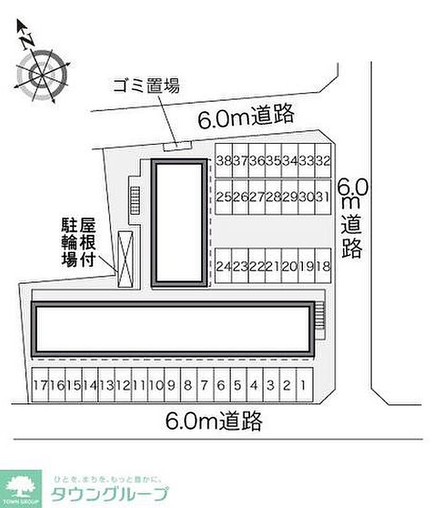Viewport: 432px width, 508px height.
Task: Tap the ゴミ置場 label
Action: (x=147, y=86)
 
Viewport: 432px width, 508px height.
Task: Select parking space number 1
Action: (x=303, y=386)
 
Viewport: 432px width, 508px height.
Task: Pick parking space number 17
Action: (x=41, y=386)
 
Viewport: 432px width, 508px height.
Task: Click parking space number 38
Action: (x=224, y=161)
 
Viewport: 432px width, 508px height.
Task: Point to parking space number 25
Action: (x=224, y=196)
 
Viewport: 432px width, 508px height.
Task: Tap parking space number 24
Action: (x=224, y=266)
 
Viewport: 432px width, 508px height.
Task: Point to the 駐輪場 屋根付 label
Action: (x=79, y=241)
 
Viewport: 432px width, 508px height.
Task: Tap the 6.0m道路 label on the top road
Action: (x=245, y=117)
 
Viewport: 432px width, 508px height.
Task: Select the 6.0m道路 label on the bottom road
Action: (x=214, y=422)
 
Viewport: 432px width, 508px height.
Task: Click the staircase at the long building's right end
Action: (x=319, y=322)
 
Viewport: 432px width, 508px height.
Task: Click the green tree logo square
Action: (x=21, y=488)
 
